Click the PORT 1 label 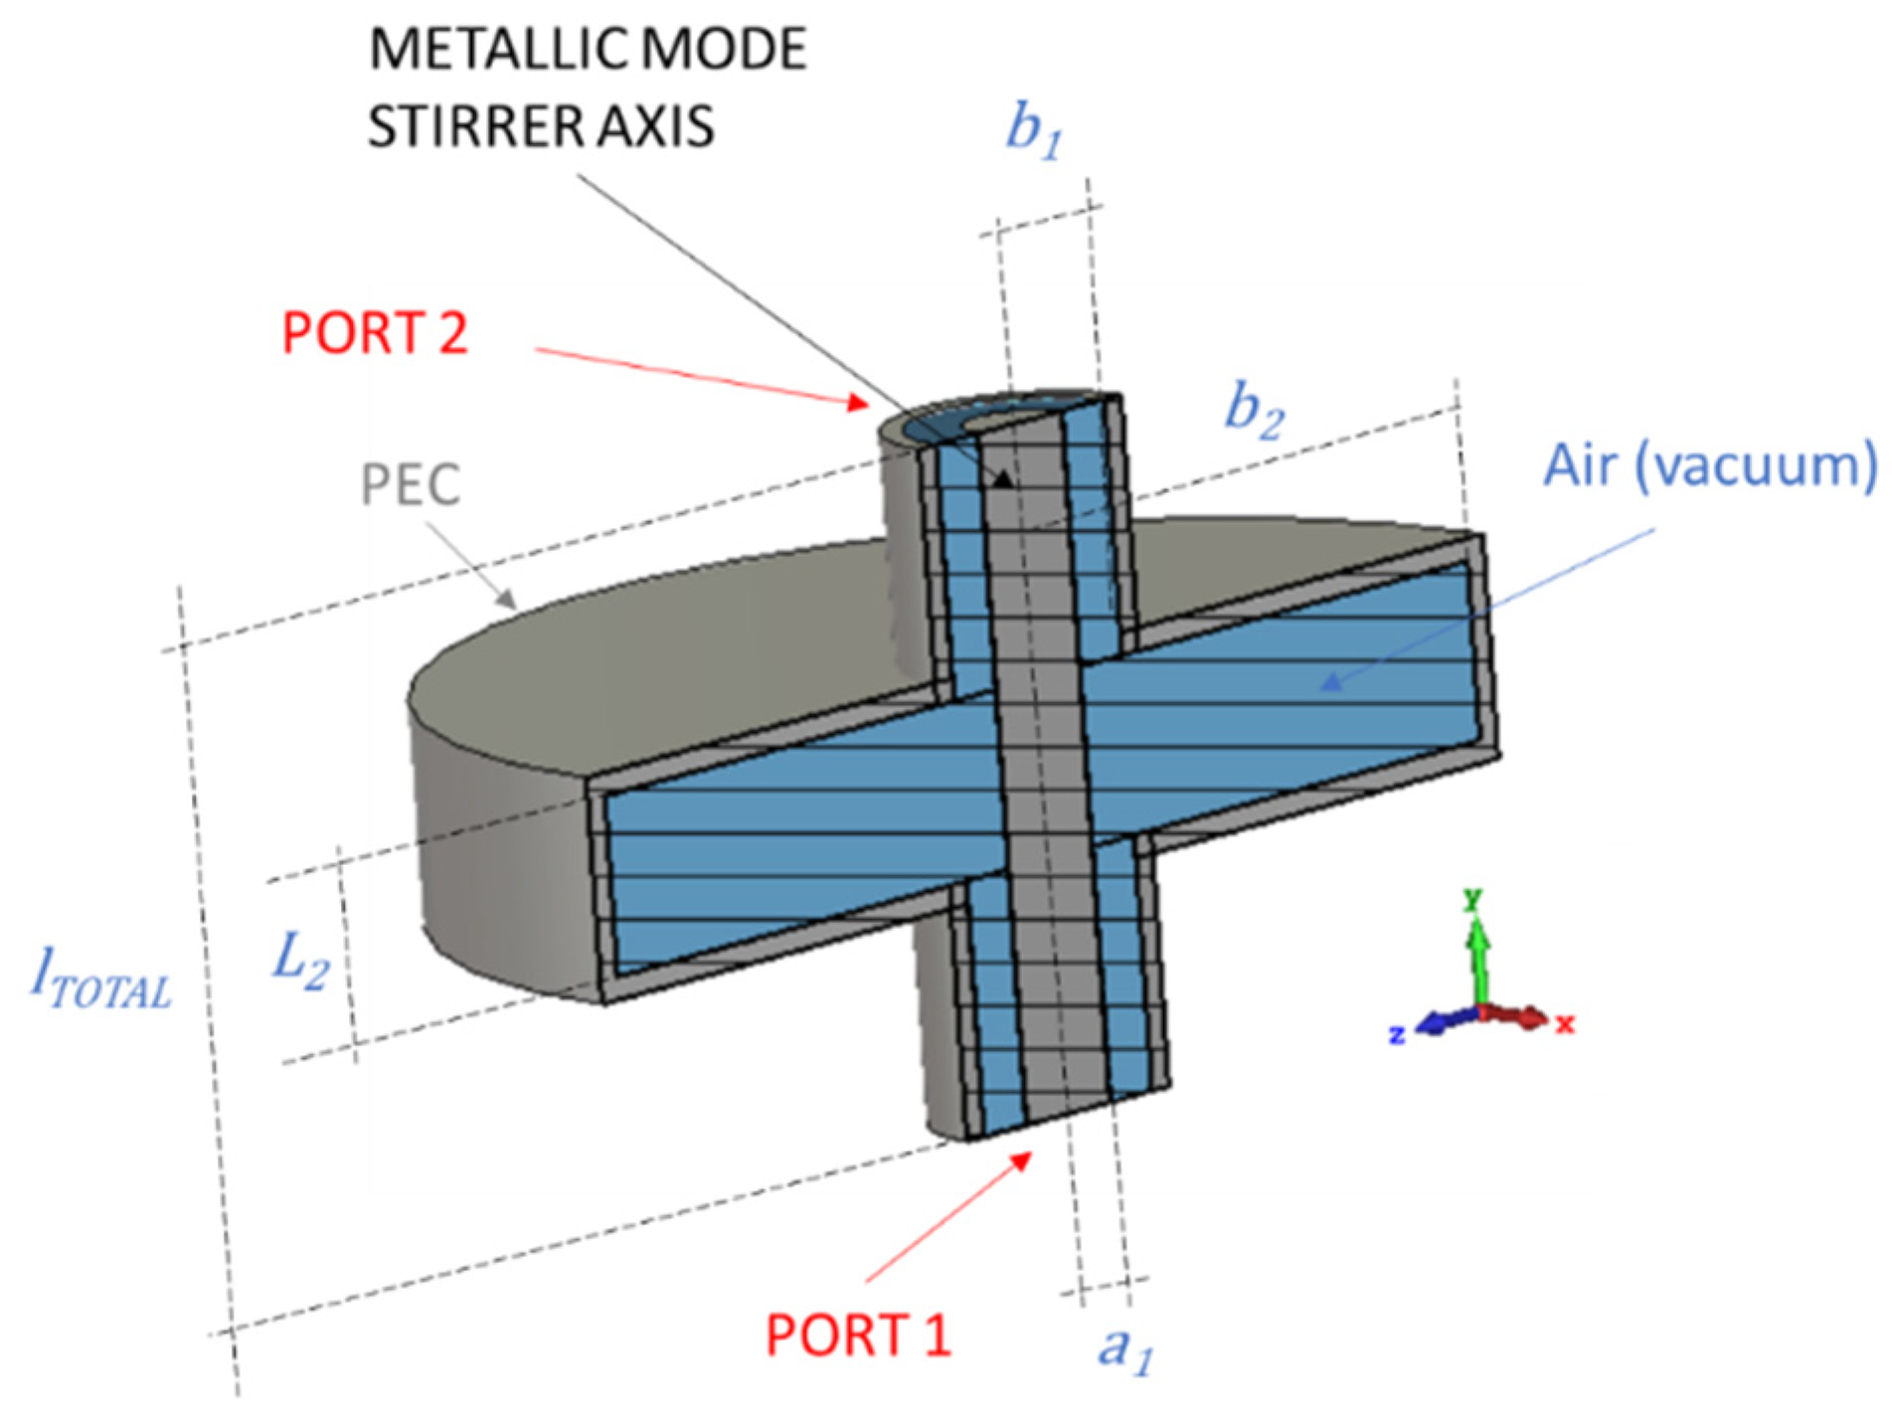[857, 1334]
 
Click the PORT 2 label [374, 332]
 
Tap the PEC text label [410, 485]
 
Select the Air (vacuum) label [1709, 464]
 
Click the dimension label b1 [1033, 130]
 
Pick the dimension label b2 [1254, 410]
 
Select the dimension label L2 [299, 961]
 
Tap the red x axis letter [1565, 1023]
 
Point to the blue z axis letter [1397, 1035]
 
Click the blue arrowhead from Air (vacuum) [1329, 682]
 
